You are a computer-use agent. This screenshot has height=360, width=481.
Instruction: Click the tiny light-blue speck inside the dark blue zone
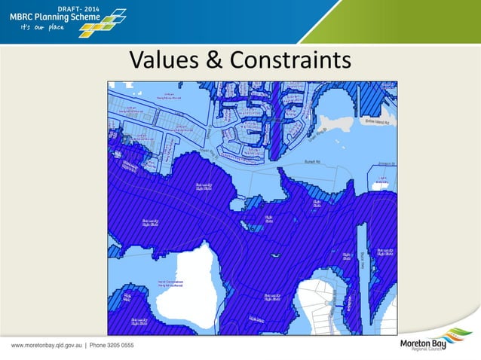277,257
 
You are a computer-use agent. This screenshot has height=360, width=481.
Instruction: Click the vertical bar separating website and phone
84,345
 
